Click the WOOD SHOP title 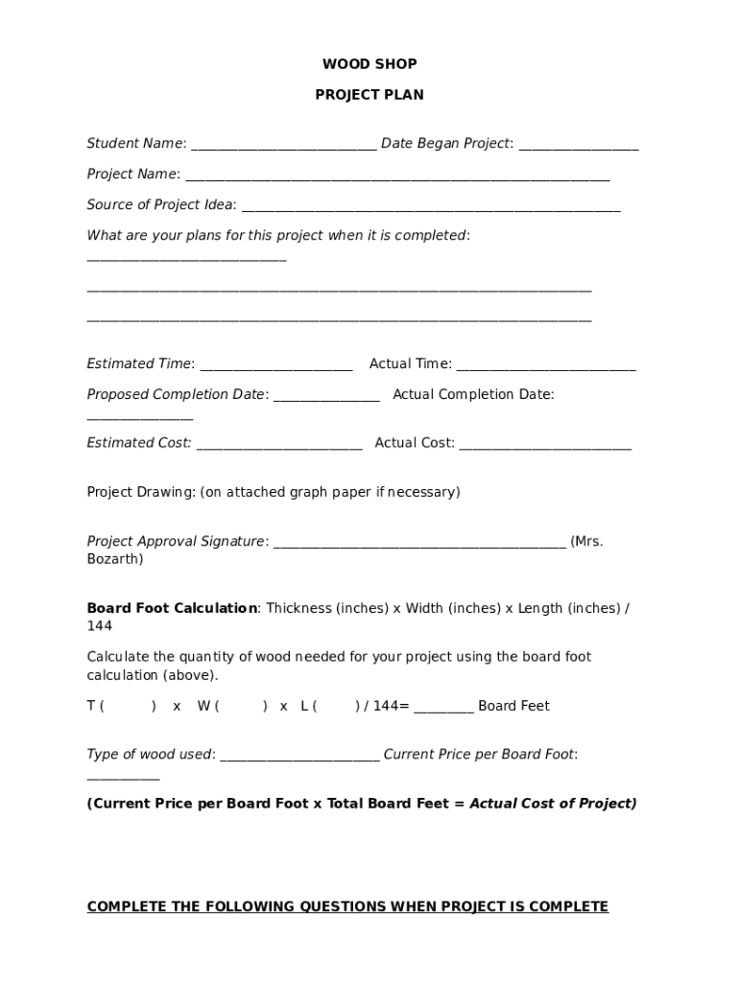(x=369, y=64)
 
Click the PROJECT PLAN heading (x=369, y=95)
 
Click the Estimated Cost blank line (x=278, y=447)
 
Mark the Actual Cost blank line (x=545, y=447)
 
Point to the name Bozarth (x=114, y=558)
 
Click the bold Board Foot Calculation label (x=172, y=608)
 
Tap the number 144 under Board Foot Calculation (x=100, y=625)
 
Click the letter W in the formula (x=203, y=706)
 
